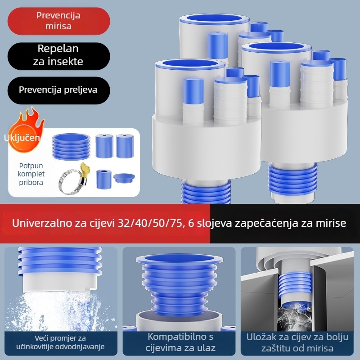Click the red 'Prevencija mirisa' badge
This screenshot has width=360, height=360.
pyautogui.click(x=58, y=21)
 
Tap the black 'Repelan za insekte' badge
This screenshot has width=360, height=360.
pyautogui.click(x=58, y=55)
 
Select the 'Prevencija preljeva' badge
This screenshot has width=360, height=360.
pyautogui.click(x=58, y=90)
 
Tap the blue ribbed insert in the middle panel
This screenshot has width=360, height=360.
pyautogui.click(x=179, y=283)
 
